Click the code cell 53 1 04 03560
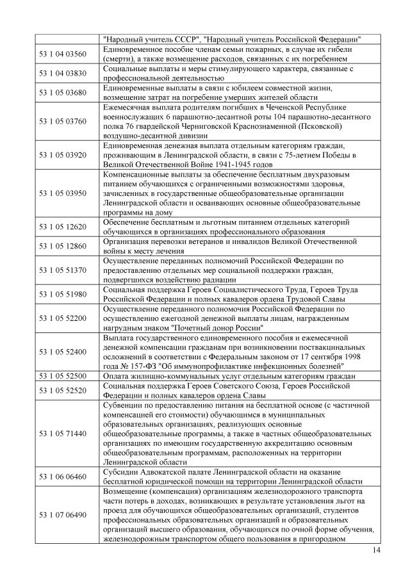point(63,53)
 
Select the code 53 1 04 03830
point(63,73)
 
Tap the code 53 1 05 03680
point(63,92)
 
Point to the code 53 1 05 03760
point(63,121)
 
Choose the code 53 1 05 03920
point(63,154)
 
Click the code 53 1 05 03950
point(63,193)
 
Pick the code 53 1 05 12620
point(63,227)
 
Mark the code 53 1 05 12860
point(63,246)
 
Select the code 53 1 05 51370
point(63,270)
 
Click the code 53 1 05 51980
point(63,294)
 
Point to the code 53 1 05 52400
point(63,352)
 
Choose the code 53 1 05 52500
point(63,376)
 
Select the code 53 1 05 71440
point(63,434)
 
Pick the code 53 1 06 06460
point(63,477)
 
